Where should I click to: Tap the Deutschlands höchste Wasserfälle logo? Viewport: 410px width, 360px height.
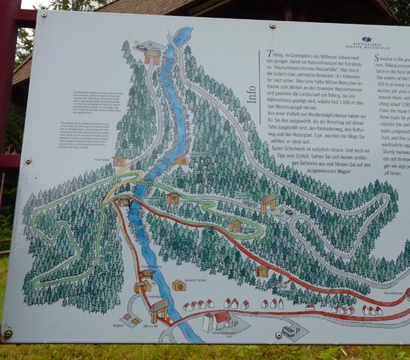coord(367,41)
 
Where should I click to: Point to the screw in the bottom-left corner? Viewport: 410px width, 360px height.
coord(9,334)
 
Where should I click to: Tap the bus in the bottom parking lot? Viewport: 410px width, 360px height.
coord(288,332)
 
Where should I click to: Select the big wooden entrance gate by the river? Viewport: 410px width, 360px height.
coord(158,308)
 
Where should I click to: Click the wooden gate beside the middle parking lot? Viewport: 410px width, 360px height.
coord(268,202)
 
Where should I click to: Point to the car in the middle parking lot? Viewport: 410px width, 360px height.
coord(290,212)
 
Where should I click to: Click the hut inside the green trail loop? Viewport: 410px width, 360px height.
coord(235,227)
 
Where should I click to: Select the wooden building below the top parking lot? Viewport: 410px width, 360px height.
coord(152,58)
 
